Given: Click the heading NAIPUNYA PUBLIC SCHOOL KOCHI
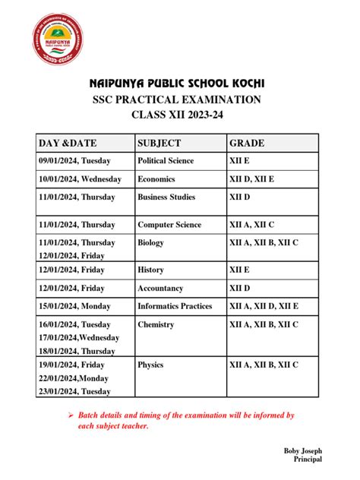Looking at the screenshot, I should coord(179,83).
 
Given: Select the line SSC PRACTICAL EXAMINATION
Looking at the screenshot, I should coord(179,99).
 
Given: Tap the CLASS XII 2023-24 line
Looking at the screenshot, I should coord(179,115).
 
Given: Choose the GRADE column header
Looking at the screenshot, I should coord(247,143).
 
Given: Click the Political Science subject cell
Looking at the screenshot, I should coord(166,161).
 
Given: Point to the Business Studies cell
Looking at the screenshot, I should coord(166,197).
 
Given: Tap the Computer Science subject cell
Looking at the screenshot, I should coord(169,225).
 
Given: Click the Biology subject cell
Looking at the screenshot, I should coord(150,242).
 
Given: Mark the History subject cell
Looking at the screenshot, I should coord(150,270).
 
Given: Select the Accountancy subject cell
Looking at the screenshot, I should coord(160,289).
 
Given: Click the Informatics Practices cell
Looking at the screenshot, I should coord(175,307).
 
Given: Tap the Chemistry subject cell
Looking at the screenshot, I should coord(156,324).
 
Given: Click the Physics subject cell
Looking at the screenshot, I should coord(150,365).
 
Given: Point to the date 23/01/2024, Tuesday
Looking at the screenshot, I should coord(74,391).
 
